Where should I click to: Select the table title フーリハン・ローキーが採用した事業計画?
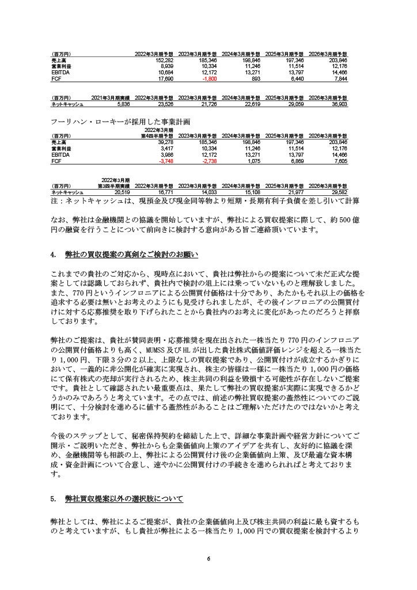pyautogui.click(x=120, y=122)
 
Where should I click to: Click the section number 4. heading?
pyautogui.click(x=52, y=254)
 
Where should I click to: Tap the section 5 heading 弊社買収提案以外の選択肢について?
pyautogui.click(x=124, y=498)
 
